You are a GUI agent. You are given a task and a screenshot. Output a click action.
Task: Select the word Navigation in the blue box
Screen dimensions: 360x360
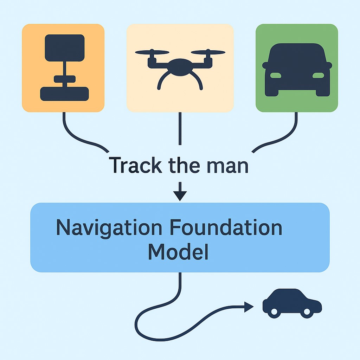coord(109,227)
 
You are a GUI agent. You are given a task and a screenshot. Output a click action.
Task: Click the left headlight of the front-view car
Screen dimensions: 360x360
coord(276,75)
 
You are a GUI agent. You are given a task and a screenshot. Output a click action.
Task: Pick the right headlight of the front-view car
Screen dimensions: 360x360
coord(318,75)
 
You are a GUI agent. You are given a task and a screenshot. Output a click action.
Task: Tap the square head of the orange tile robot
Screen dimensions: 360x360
coord(65,47)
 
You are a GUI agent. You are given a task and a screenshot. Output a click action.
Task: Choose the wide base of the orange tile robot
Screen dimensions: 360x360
coord(64,94)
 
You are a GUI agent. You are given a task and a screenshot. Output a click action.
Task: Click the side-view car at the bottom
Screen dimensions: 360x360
coord(292,303)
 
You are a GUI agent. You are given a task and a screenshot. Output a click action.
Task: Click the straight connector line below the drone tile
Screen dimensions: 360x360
coord(180,128)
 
